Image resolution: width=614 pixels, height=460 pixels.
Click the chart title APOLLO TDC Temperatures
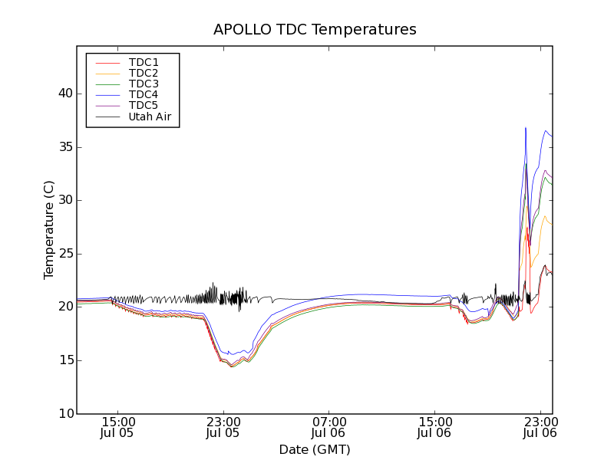point(315,30)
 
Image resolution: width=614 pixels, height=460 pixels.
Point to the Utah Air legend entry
point(150,117)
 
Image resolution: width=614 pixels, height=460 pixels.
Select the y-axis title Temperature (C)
point(48,230)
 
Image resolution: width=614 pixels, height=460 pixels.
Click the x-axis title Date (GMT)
point(315,449)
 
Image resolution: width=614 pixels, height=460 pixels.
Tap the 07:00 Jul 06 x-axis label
point(329,427)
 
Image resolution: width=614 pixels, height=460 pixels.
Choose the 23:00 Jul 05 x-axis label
point(223,427)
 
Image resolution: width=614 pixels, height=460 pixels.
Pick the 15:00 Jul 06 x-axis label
point(435,427)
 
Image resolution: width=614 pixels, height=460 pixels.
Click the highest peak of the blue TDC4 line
point(526,128)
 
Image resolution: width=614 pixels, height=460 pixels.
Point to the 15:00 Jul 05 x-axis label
point(118,427)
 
